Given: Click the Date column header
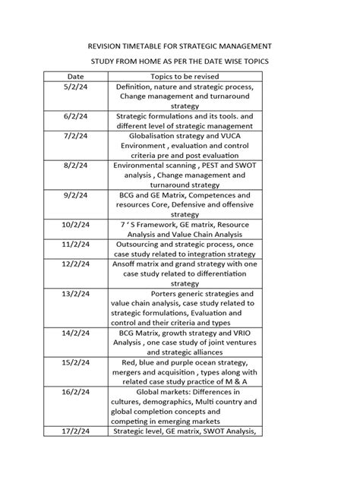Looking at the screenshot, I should (x=75, y=77).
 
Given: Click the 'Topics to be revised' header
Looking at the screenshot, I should (x=185, y=77).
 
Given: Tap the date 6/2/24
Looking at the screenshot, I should (x=75, y=116).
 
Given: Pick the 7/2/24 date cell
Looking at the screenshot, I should (x=75, y=134).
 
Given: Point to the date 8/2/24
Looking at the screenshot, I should (x=75, y=163).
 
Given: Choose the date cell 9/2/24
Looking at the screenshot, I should (x=75, y=195).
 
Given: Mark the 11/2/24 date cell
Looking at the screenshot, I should (x=75, y=245).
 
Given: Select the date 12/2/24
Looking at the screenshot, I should (x=75, y=263).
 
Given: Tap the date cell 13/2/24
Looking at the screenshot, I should (x=75, y=293).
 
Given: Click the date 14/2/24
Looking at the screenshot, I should (x=75, y=333).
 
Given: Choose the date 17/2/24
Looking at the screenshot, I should (x=75, y=431).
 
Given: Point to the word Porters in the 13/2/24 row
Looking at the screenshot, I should (x=169, y=293).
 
